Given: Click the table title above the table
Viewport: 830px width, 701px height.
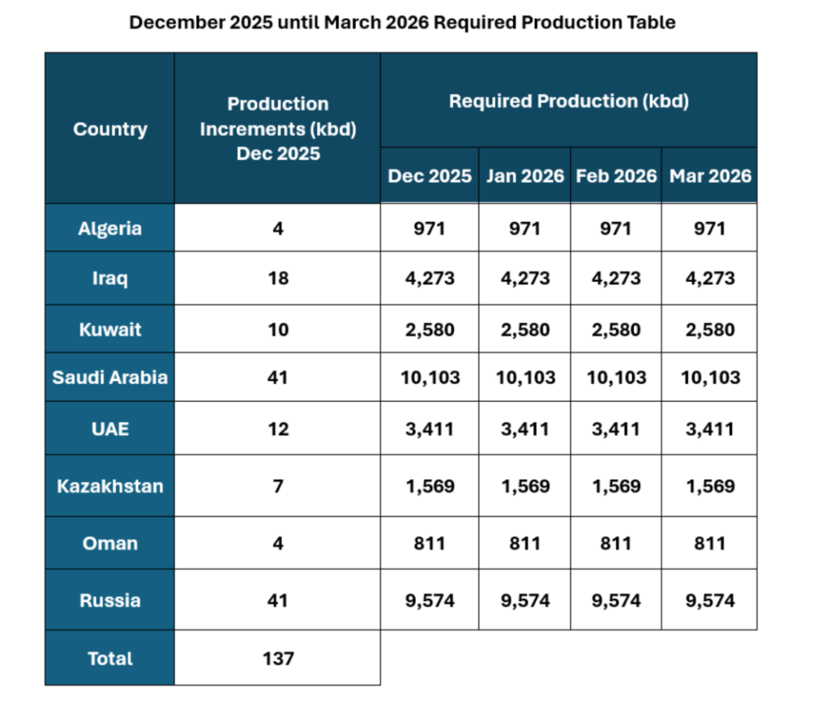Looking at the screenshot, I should [x=402, y=22].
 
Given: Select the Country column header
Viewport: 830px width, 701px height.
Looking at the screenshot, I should [x=109, y=129].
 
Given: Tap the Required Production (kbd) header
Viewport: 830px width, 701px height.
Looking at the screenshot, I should [x=568, y=101].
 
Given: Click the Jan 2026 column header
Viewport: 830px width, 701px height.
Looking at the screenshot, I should [x=524, y=176].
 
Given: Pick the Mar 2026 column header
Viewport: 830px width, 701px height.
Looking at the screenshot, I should [x=709, y=176].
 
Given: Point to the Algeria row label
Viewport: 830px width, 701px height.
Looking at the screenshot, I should [x=109, y=229].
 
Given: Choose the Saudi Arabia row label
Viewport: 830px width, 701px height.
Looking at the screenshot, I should [x=109, y=377].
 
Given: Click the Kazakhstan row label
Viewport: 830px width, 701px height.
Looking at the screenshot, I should [x=109, y=486].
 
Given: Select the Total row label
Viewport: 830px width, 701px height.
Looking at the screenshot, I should [x=109, y=658].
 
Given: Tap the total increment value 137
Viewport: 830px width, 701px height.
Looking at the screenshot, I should [x=278, y=658].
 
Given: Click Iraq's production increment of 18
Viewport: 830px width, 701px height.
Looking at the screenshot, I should [x=278, y=278].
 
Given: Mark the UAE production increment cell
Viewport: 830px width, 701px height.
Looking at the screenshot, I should [x=278, y=429].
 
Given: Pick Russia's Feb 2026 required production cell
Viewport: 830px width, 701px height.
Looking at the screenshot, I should [x=616, y=601].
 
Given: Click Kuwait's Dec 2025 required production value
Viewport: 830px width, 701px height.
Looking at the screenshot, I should [x=430, y=330].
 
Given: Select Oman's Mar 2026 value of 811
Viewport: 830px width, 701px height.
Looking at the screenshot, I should [x=709, y=543].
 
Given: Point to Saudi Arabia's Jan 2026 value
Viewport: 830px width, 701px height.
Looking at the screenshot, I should [x=524, y=377].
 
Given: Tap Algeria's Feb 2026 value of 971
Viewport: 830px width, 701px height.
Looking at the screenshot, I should [x=616, y=229].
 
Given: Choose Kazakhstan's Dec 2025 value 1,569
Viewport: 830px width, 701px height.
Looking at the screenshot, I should [x=430, y=486].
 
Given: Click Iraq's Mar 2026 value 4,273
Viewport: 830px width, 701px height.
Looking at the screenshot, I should [x=709, y=278].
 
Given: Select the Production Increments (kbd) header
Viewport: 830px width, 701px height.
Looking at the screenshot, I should [x=278, y=129].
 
